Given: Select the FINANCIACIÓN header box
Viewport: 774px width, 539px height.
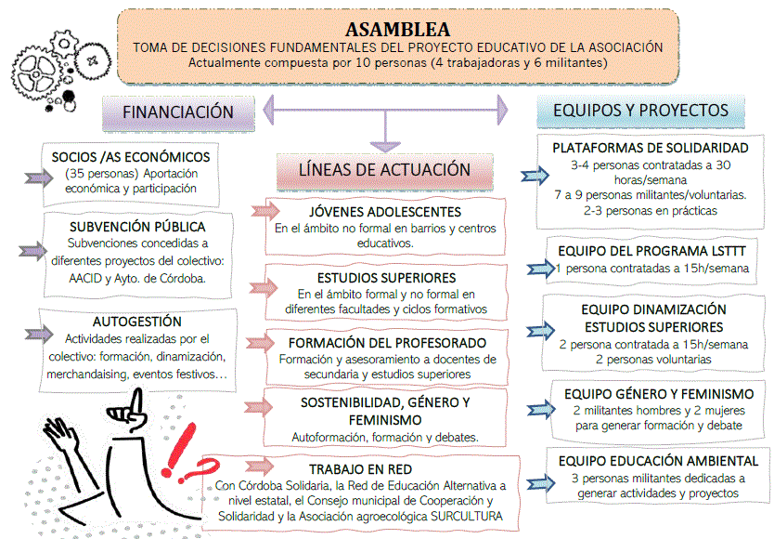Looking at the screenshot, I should tap(179, 111).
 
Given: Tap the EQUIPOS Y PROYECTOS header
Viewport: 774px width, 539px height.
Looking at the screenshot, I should tap(640, 110).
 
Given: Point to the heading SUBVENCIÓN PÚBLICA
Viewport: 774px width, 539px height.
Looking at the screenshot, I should tap(137, 226).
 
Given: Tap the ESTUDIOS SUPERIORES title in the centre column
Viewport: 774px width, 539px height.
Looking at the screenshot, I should tap(386, 277).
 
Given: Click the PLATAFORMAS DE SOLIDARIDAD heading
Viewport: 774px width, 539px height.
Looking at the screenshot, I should tap(650, 149).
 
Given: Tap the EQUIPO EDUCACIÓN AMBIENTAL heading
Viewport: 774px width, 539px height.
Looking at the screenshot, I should tap(657, 461).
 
